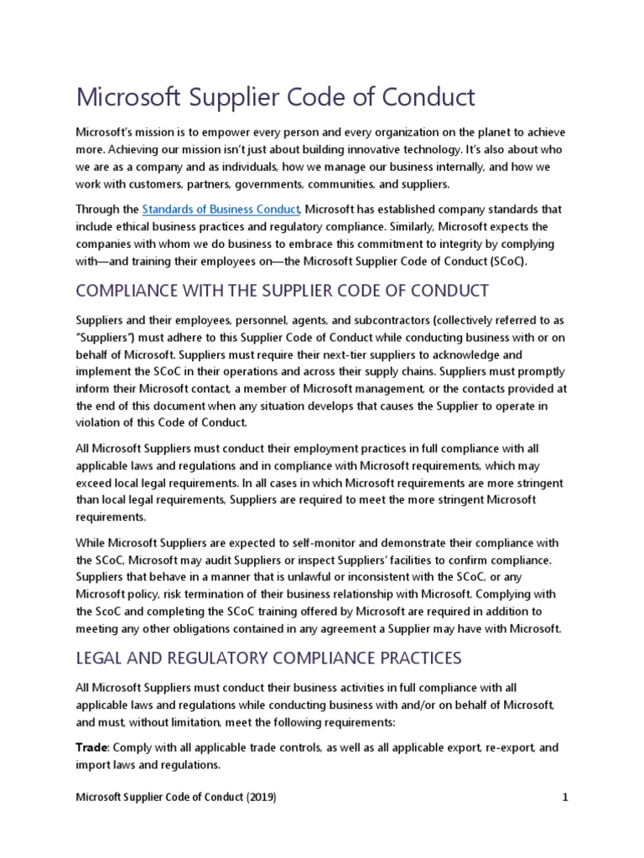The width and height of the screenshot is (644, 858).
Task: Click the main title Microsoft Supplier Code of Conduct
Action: tap(276, 97)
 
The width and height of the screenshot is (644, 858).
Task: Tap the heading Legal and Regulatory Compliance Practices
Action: tap(268, 658)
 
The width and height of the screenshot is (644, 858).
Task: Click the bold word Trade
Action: tap(92, 747)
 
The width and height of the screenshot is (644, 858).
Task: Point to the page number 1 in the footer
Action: tap(565, 798)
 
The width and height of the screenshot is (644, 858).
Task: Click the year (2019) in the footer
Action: tap(262, 798)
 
